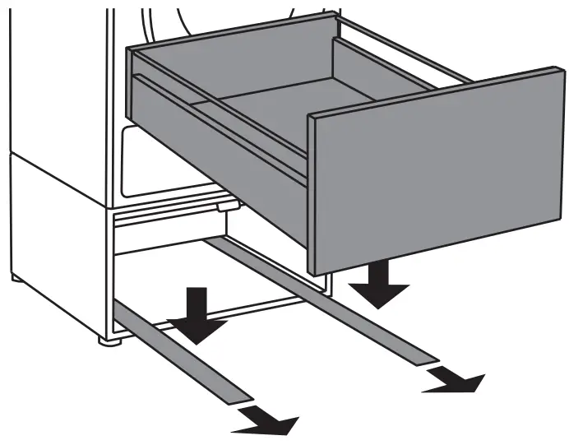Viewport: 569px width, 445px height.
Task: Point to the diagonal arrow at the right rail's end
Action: pos(455,378)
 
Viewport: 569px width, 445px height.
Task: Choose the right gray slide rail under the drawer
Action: pos(329,304)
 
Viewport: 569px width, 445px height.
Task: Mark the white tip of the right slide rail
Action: pos(428,359)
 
